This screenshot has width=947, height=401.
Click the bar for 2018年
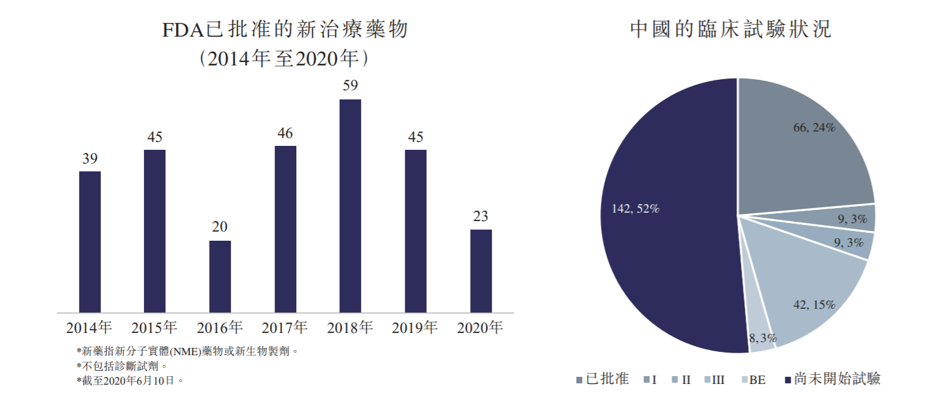click(x=350, y=205)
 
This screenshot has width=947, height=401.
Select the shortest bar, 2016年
click(x=220, y=276)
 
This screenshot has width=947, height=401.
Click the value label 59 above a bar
click(x=350, y=86)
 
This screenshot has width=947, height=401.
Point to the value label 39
click(x=90, y=158)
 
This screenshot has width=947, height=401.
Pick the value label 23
click(x=481, y=217)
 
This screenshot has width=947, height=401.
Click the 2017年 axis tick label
click(x=284, y=327)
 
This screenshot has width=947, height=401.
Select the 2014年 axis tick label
click(x=90, y=327)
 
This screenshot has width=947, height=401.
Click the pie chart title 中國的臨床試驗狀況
click(x=731, y=29)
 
